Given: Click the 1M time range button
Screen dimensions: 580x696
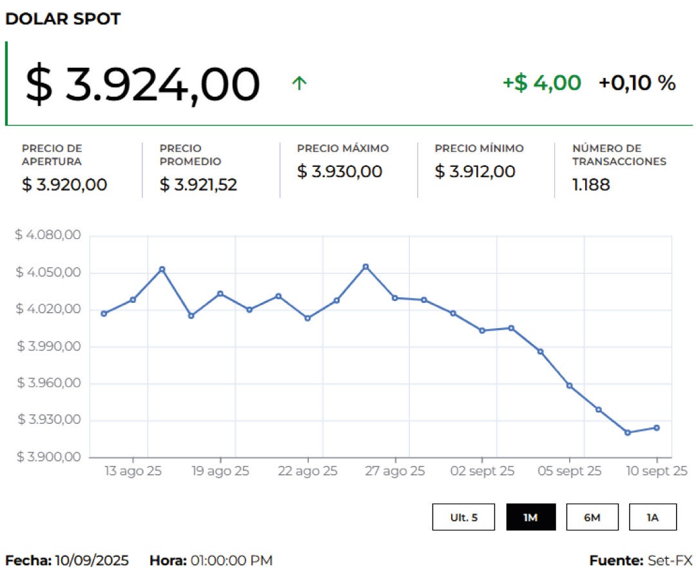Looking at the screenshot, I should pos(530,517).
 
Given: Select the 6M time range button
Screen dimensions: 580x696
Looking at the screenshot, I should pos(592,517).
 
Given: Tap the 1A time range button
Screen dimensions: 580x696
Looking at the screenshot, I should pos(653,517).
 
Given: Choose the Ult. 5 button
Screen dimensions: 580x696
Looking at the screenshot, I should pos(463,517).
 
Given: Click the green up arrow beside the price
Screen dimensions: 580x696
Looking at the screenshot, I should pos(298,83).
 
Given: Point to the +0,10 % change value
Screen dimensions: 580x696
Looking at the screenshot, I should pos(637,83).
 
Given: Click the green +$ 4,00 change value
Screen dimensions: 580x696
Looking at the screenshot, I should pos(541,83).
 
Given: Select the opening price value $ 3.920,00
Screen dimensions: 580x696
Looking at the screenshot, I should pos(64,185).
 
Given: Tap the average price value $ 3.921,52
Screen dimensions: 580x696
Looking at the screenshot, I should pos(198,185).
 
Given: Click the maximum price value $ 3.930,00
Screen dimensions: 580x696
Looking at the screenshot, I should pos(340,172).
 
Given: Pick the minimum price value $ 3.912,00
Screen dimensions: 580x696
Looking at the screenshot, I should pos(475,172).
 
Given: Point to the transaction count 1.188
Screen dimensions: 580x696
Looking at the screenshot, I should pos(591,185).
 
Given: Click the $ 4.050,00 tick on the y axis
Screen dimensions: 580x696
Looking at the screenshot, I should pos(48,273).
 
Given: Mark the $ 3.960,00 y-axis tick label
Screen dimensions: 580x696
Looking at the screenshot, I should pos(48,383).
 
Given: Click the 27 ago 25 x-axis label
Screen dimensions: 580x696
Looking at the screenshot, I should pos(395,472).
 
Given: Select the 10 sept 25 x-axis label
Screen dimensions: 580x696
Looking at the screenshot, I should pos(657,472).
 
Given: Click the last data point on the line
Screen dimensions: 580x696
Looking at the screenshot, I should pos(657,428).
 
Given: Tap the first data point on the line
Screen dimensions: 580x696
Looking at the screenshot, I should pos(104,314).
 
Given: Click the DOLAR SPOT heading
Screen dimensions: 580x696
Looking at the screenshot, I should pos(63,19).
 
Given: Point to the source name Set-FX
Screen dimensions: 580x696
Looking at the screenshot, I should pos(670,561).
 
